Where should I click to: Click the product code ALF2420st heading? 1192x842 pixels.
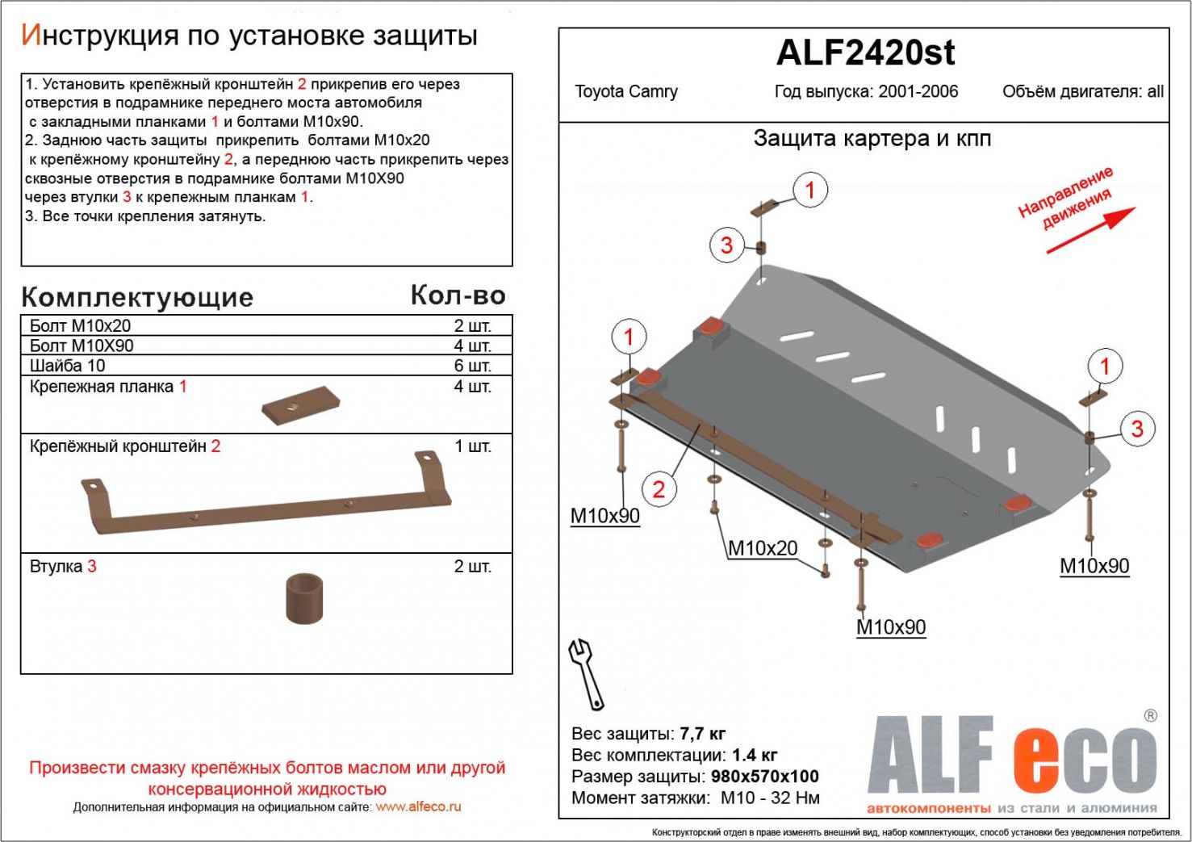click(864, 53)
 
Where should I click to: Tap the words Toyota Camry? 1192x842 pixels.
click(625, 91)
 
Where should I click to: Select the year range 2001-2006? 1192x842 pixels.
click(918, 91)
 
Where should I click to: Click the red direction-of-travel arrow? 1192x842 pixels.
click(1090, 230)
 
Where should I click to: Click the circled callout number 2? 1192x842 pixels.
click(659, 488)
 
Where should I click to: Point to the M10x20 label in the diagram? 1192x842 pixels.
click(762, 548)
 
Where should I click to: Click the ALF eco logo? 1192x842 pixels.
click(1011, 759)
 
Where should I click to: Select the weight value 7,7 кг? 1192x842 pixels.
click(702, 734)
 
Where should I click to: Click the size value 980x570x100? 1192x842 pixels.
click(764, 777)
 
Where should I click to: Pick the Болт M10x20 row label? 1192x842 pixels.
click(80, 326)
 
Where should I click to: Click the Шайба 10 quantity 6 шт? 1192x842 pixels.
click(472, 366)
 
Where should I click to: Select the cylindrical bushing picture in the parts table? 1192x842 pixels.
click(303, 598)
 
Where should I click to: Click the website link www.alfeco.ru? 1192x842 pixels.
click(418, 806)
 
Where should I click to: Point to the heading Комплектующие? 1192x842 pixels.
click(137, 298)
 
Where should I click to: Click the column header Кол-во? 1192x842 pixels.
click(458, 295)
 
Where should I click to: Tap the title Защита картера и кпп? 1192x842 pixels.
click(872, 139)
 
